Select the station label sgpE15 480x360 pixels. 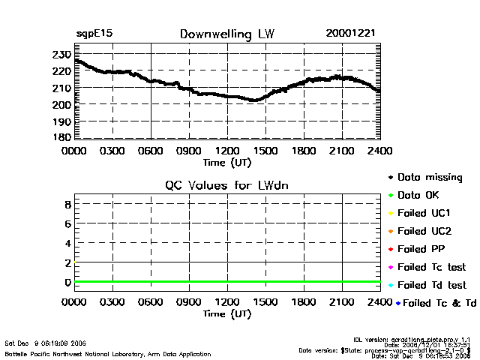94,34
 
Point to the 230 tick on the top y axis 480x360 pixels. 61,55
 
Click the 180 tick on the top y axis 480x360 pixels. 61,137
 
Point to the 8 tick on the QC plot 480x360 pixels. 67,204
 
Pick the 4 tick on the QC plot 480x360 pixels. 67,243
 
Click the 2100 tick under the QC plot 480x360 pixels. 342,302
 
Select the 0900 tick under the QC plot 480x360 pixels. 189,302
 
